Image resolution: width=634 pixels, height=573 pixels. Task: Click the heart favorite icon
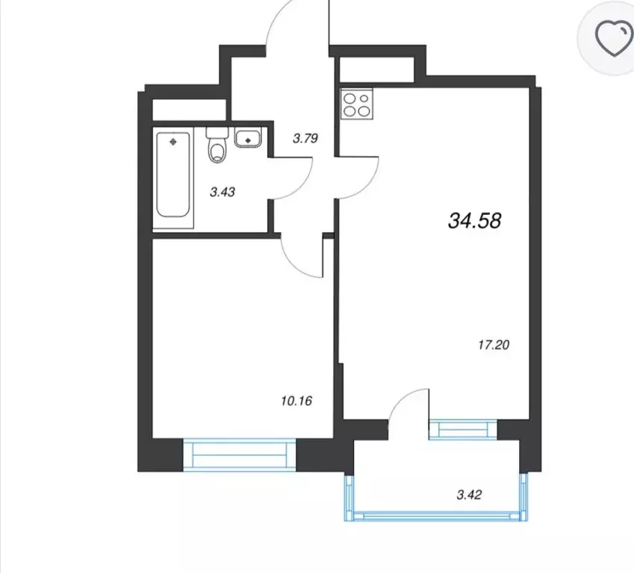614,38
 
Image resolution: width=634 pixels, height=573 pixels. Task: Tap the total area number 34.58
475,221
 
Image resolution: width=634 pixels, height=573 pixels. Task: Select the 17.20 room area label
494,345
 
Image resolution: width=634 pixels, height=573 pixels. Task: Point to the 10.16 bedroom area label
296,401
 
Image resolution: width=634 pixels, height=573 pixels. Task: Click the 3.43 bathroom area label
223,192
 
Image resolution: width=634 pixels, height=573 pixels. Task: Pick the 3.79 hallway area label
305,139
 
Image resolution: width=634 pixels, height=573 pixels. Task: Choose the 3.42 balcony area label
469,495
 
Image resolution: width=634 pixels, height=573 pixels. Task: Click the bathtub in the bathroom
173,175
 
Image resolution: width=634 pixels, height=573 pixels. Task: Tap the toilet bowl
217,148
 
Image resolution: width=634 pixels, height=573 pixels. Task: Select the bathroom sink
248,137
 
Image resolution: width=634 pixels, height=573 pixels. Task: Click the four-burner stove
357,104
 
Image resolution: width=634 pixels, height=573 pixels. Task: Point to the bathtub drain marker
173,142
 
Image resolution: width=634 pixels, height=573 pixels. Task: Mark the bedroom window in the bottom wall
240,454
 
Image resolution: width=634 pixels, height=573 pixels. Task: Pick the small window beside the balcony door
463,430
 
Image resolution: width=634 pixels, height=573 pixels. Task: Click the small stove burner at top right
364,98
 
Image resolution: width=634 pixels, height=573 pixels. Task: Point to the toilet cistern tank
217,132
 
